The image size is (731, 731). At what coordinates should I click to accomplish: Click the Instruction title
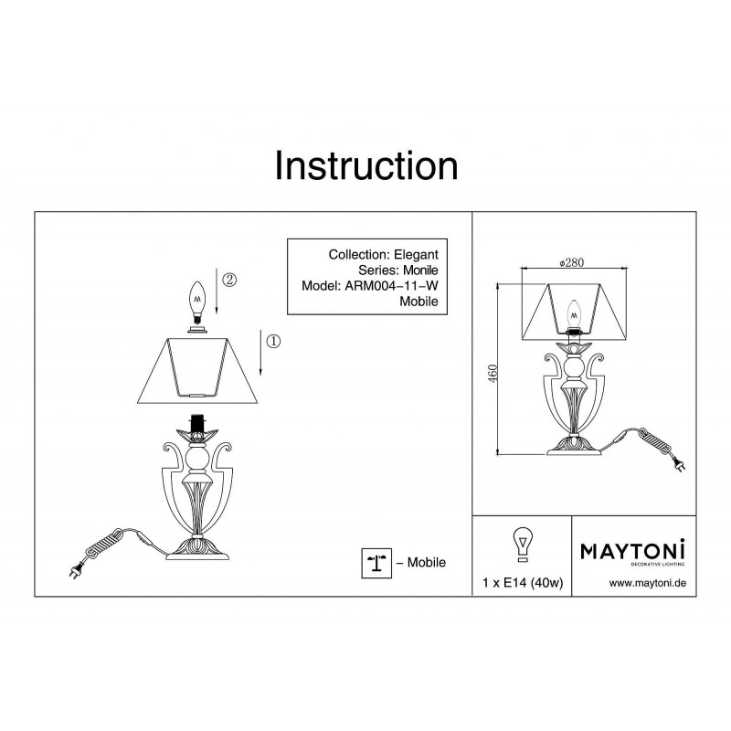click(366, 166)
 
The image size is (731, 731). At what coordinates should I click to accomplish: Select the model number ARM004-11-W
click(391, 286)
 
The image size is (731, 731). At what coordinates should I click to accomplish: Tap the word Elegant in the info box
click(416, 255)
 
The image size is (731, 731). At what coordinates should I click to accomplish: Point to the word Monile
click(420, 270)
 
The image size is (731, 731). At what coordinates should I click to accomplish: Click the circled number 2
click(229, 280)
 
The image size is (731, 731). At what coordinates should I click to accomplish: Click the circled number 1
click(273, 341)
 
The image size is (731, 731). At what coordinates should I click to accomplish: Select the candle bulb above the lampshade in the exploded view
click(197, 302)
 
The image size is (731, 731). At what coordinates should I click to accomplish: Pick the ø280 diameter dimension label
click(571, 262)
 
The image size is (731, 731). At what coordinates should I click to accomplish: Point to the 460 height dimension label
click(493, 373)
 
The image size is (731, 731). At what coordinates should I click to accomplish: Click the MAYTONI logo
click(632, 552)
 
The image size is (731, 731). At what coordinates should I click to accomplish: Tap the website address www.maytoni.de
click(648, 583)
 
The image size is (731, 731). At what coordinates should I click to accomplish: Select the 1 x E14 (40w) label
click(523, 583)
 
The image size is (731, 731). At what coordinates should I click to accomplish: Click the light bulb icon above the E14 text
click(523, 545)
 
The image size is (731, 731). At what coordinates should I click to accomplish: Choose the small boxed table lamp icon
click(376, 563)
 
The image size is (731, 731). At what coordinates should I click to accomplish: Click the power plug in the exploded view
click(76, 570)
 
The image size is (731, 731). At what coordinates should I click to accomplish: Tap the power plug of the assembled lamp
click(678, 464)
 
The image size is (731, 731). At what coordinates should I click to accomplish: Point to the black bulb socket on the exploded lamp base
click(196, 423)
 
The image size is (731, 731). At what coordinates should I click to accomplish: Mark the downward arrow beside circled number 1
click(260, 353)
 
